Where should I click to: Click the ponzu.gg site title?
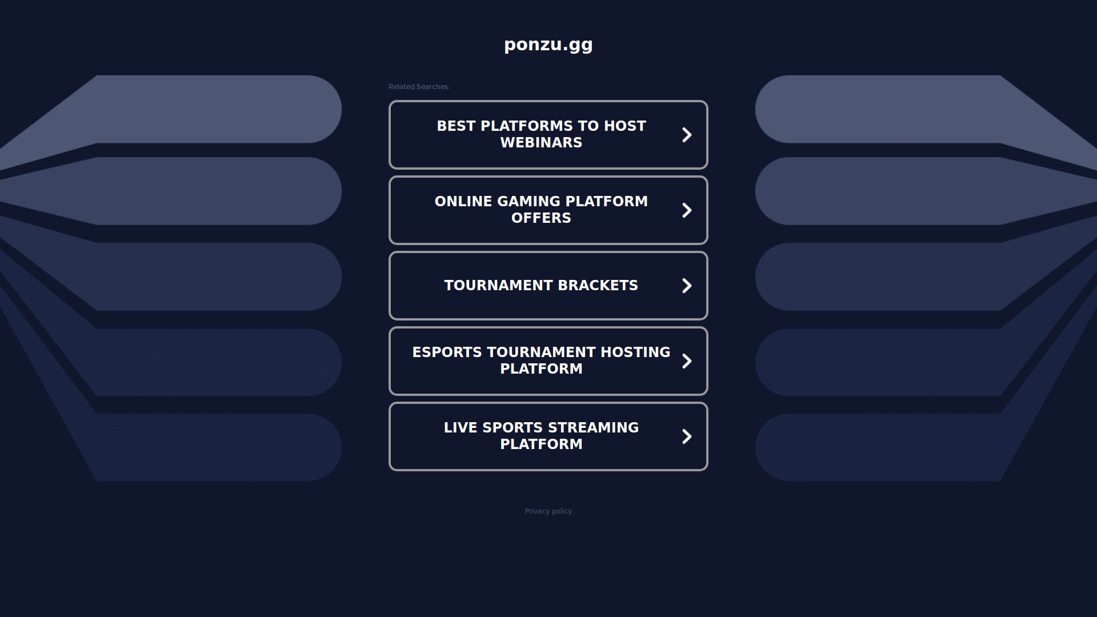tap(548, 45)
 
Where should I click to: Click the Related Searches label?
tap(419, 87)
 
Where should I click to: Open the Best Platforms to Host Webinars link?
tap(548, 135)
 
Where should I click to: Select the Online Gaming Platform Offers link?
tap(548, 210)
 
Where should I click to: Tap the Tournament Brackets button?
tap(548, 286)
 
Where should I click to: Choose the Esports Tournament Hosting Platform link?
tap(548, 361)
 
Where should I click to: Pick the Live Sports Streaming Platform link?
tap(548, 436)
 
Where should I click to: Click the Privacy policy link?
tap(548, 511)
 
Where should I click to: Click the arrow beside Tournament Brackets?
tap(687, 286)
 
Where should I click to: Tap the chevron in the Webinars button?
tap(687, 135)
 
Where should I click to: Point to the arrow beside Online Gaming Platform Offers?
tap(687, 210)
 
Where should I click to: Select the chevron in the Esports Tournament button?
tap(687, 361)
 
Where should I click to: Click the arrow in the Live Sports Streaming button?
tap(687, 436)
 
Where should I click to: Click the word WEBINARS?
tap(541, 143)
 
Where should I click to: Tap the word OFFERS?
tap(541, 218)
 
